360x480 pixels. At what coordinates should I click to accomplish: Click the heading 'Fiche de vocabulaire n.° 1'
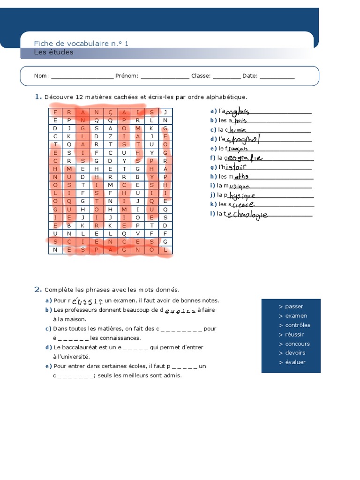(81, 44)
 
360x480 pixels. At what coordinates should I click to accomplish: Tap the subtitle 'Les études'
(53, 52)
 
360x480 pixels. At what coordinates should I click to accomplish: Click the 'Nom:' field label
(41, 76)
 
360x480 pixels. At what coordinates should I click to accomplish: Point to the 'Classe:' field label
(201, 76)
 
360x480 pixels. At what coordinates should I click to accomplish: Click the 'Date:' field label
(250, 76)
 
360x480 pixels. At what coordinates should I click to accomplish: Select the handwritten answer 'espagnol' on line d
(242, 140)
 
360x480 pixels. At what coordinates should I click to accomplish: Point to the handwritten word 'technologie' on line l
(247, 215)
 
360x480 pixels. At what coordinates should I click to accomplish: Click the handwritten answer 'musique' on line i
(239, 186)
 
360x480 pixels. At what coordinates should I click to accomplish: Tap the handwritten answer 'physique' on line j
(242, 195)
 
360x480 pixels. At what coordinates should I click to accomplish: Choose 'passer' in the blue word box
(294, 307)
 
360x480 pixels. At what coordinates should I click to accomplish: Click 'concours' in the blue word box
(297, 344)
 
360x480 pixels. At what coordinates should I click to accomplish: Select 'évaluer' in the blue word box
(295, 362)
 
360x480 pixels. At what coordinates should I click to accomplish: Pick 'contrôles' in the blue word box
(298, 325)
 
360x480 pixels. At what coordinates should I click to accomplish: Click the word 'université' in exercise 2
(71, 357)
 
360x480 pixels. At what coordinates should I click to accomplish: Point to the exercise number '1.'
(37, 97)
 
